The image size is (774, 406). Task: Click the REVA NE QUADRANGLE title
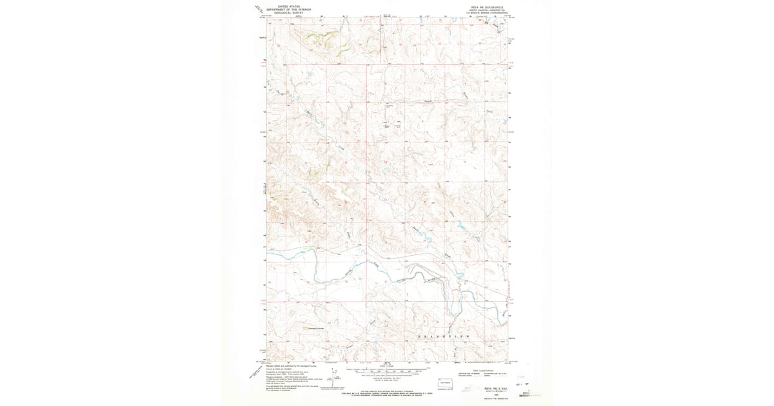tap(484, 5)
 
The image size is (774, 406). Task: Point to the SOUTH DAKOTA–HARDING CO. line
tap(484, 8)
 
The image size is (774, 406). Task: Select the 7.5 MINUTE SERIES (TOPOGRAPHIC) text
tap(484, 12)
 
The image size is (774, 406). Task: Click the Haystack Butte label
tap(317, 328)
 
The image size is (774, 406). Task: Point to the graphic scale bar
tap(387, 371)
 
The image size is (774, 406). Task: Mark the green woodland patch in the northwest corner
tap(316, 35)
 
